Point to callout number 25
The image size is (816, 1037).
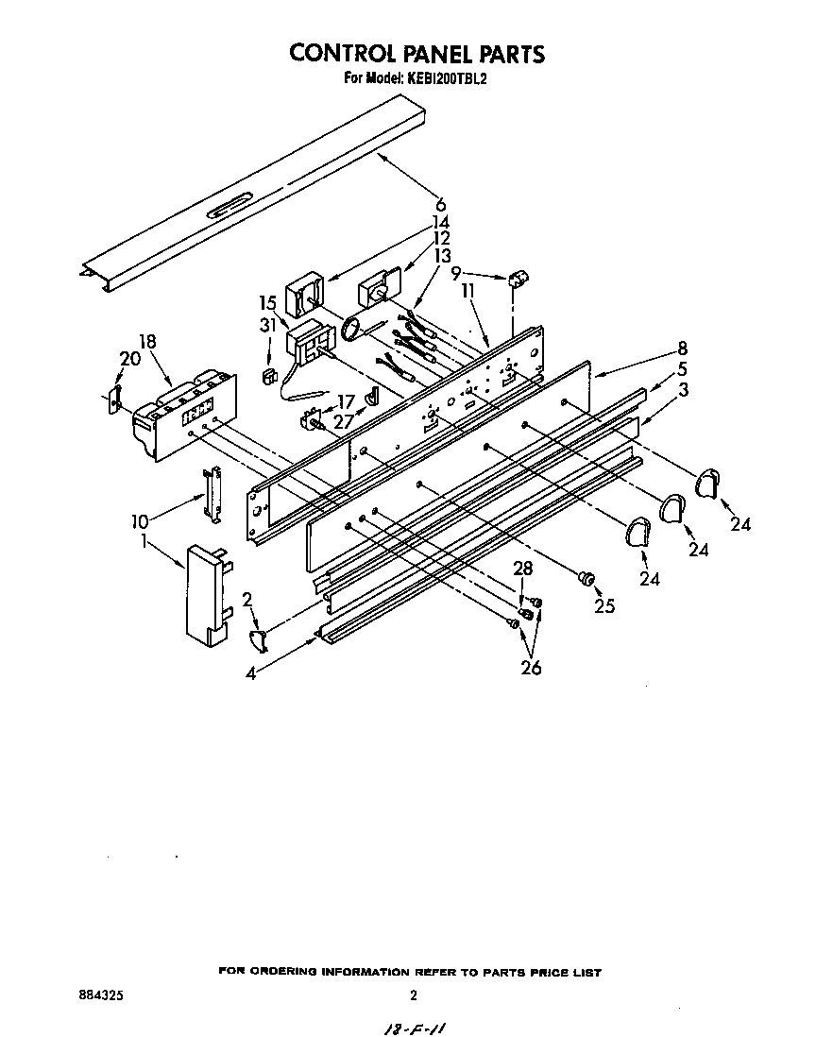click(x=604, y=606)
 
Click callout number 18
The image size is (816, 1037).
click(x=147, y=342)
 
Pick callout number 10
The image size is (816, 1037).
click(x=140, y=521)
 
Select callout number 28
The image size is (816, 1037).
click(x=522, y=568)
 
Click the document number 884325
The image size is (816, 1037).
click(x=100, y=994)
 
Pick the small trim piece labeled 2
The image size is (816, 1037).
click(x=258, y=643)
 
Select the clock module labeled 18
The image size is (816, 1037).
click(x=179, y=416)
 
